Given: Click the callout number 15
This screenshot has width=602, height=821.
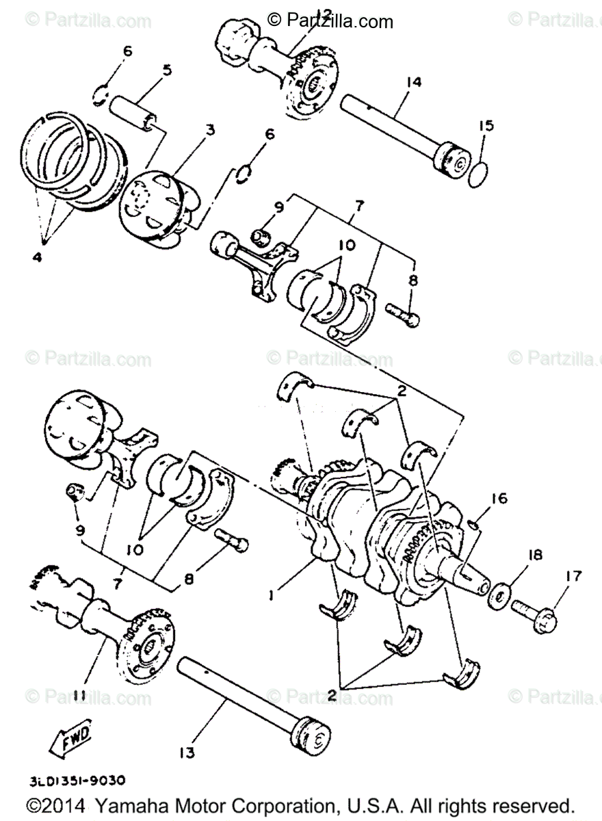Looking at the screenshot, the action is pos(485,126).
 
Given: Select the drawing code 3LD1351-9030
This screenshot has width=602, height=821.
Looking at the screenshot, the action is pos(77,779).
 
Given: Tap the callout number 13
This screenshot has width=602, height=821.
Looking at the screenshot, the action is pos(186,753).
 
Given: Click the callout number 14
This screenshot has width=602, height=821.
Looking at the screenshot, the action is pos(413,81).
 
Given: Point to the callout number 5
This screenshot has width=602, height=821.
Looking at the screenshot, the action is pos(167,70).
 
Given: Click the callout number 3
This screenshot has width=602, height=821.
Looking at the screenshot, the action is pos(210,129).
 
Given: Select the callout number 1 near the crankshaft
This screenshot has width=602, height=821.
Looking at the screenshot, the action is pos(271,595).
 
